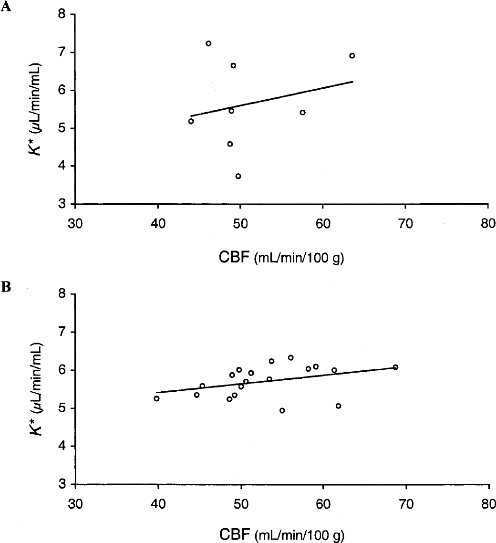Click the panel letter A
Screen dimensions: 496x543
(x=6, y=7)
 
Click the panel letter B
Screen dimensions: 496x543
(x=6, y=287)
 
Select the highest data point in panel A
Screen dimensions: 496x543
(x=208, y=43)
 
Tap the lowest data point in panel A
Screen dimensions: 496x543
(x=238, y=176)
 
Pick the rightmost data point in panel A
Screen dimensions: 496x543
(x=352, y=56)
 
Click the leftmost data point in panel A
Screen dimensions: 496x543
(x=191, y=121)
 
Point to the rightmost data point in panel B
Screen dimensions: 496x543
(x=395, y=367)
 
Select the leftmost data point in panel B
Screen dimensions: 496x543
(x=156, y=398)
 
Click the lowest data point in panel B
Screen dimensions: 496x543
(x=282, y=411)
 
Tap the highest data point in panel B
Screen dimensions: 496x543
(x=291, y=358)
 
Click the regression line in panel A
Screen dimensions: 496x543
(x=272, y=99)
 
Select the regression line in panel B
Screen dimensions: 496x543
(x=276, y=380)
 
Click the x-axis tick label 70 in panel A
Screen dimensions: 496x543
(x=405, y=224)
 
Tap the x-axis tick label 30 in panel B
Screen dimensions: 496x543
(x=75, y=504)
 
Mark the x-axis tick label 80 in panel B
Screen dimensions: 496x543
(x=488, y=504)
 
